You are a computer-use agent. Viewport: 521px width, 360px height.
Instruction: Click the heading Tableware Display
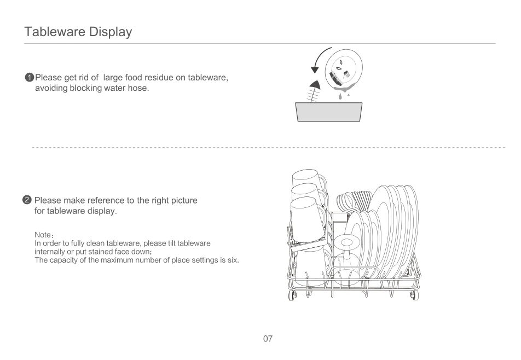point(78,32)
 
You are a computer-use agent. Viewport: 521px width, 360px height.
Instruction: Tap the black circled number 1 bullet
point(29,77)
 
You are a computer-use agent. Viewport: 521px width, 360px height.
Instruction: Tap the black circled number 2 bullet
point(27,200)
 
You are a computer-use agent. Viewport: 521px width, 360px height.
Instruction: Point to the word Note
point(43,235)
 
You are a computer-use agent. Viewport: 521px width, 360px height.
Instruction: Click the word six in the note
point(233,260)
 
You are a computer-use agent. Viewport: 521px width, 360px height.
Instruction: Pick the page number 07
point(268,339)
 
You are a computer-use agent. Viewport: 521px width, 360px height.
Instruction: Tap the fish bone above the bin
point(314,91)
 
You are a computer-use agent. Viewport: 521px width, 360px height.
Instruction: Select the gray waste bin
point(328,112)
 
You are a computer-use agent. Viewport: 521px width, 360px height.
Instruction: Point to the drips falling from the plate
point(343,96)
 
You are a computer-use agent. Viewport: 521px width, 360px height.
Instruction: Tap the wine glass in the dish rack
point(346,259)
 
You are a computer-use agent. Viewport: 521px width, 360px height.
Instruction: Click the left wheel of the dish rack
point(292,295)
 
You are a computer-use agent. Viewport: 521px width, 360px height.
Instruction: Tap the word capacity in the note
point(64,260)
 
